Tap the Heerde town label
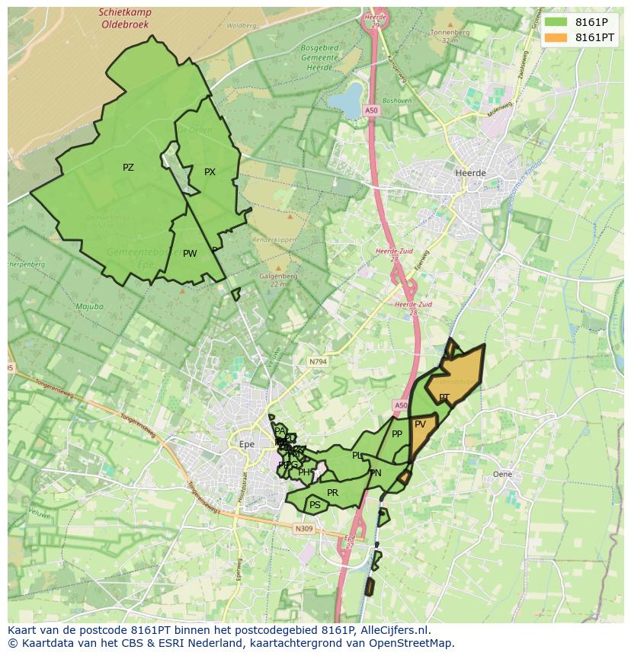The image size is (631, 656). (469, 173)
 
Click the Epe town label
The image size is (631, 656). (246, 443)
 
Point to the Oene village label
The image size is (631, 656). (502, 474)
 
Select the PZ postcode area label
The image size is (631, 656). (128, 168)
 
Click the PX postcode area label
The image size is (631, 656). (210, 172)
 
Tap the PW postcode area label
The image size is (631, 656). (190, 254)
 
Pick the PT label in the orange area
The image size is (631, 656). (444, 398)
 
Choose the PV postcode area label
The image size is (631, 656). (420, 424)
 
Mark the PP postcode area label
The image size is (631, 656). (396, 434)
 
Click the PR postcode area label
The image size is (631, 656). (332, 493)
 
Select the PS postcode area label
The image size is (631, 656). (315, 504)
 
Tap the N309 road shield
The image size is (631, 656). (303, 528)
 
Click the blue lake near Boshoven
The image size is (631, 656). (350, 100)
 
